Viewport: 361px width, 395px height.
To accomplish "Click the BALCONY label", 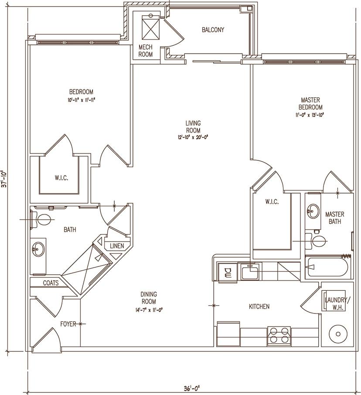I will coord(213,30).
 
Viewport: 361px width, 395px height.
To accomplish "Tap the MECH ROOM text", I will coord(146,51).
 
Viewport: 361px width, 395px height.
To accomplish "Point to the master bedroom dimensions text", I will coord(310,115).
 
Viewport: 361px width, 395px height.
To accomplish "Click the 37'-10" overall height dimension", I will coord(5,178).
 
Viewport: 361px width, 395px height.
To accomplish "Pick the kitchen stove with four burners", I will coord(279,336).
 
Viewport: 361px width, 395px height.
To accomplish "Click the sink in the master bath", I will coord(312,213).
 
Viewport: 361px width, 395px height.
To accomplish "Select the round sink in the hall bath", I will coord(37,250).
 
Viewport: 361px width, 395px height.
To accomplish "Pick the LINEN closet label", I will coord(116,246).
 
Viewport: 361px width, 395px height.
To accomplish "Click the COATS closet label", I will coord(51,283).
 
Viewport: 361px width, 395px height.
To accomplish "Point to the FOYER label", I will coord(68,324).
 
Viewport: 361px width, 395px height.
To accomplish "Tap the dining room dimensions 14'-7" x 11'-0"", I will coord(149,310).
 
